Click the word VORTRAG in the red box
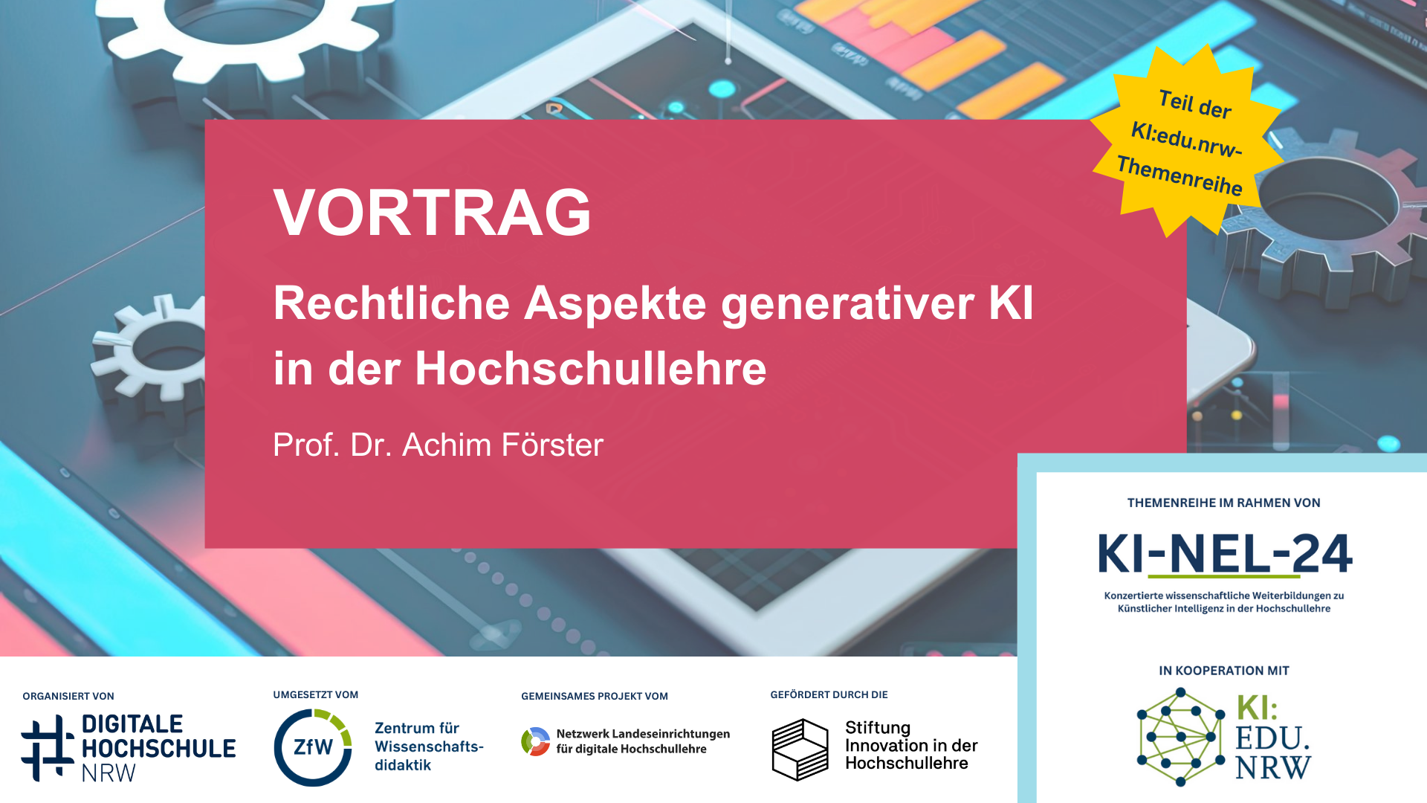coord(433,213)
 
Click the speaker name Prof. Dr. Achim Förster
coord(439,445)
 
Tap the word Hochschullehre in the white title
coord(590,368)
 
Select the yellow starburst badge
coord(1188,141)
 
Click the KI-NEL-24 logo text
coord(1225,555)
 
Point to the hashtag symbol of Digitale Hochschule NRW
coord(48,748)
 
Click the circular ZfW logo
coord(313,747)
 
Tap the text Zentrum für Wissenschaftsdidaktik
coord(429,746)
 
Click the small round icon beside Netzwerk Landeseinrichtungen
coord(536,741)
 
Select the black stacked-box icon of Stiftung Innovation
coord(800,749)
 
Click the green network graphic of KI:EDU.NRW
coord(1180,737)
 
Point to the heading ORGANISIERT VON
coord(68,697)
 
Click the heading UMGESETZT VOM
coord(316,695)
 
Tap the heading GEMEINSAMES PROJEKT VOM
coord(595,697)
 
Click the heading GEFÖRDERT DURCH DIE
coord(829,695)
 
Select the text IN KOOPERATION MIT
coord(1224,671)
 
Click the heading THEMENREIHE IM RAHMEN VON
coord(1224,503)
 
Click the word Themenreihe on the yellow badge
coord(1180,176)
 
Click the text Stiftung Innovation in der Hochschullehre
coord(911,746)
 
